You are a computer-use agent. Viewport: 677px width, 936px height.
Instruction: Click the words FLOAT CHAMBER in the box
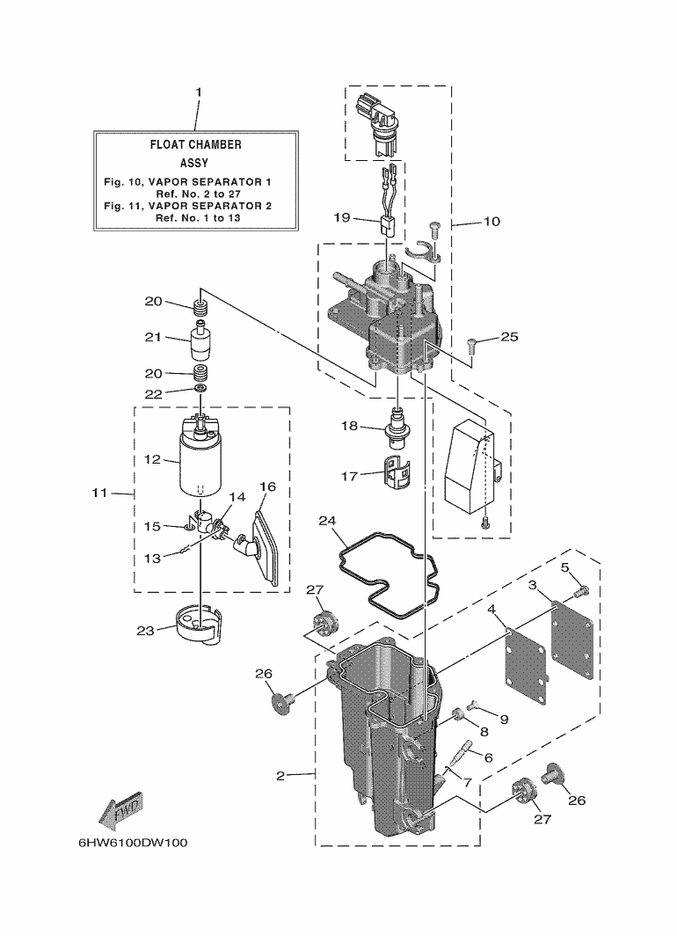tap(195, 144)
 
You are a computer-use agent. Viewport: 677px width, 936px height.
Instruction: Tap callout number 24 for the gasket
tap(327, 522)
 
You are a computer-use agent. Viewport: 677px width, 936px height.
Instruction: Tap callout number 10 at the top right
tap(491, 222)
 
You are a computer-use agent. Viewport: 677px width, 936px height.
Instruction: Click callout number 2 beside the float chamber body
tap(280, 775)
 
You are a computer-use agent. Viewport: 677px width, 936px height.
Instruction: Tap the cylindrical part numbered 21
tap(201, 342)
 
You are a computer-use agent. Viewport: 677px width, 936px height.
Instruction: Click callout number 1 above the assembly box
tap(199, 92)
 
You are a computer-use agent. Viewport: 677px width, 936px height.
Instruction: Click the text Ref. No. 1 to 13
tap(195, 216)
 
